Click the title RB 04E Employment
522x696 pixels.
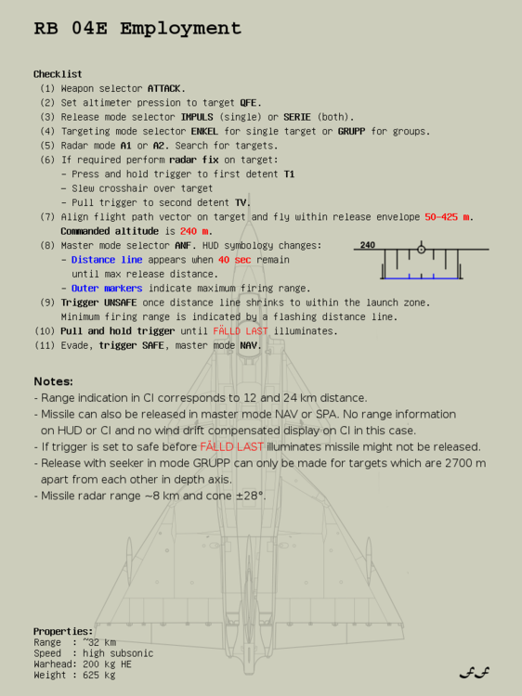[137, 29]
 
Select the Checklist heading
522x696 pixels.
[58, 74]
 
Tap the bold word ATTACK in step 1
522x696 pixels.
[165, 88]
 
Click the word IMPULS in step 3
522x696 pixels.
[198, 117]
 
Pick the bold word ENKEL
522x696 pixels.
[204, 132]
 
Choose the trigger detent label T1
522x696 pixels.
[289, 174]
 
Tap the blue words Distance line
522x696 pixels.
[107, 260]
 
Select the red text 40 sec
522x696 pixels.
[235, 260]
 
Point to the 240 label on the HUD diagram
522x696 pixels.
[368, 246]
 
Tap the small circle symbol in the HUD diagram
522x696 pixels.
[421, 249]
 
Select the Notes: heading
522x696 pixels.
[53, 381]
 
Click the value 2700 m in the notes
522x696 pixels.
[464, 463]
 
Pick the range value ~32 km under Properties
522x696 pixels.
[98, 642]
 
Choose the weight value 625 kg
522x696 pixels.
[98, 676]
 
